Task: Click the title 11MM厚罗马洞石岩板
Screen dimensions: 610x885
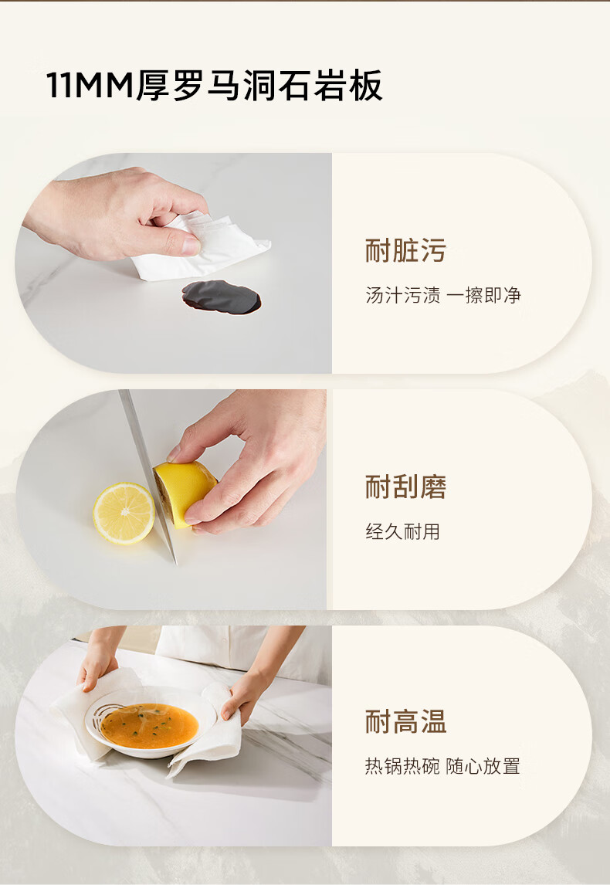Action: [215, 86]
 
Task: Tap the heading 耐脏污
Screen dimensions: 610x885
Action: [405, 251]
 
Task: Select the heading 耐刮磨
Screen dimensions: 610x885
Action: [405, 487]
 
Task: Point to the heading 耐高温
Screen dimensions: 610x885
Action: [405, 722]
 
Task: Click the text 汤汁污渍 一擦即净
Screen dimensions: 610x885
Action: [443, 295]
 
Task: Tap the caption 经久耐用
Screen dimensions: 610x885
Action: [402, 531]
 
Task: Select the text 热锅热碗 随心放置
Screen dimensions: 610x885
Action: [442, 767]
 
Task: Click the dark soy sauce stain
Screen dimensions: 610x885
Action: [222, 297]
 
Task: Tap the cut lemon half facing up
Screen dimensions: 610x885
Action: [124, 513]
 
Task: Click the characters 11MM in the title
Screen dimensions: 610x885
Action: [90, 86]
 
